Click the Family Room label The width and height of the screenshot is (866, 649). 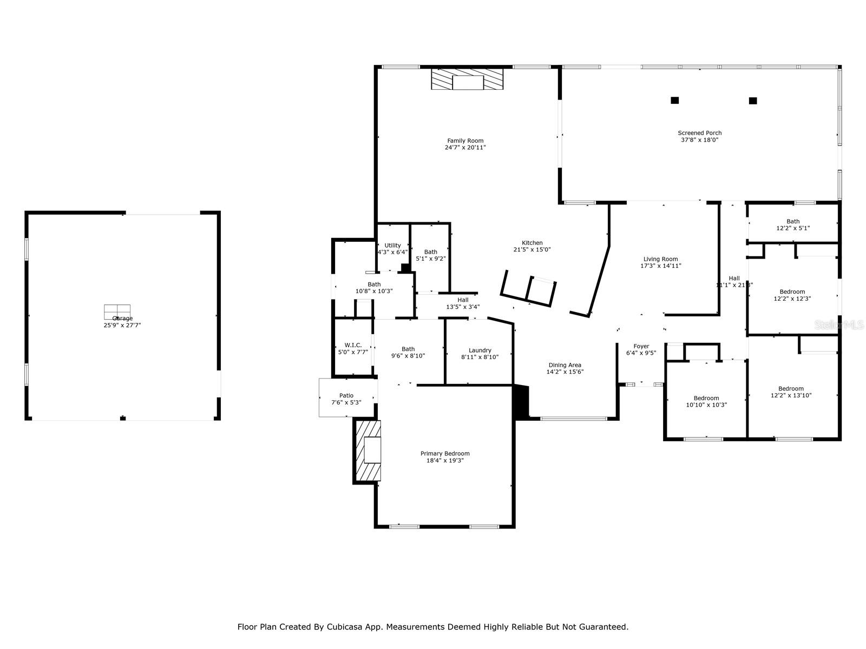click(x=465, y=141)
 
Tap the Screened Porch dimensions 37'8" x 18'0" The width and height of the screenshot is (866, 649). click(x=699, y=140)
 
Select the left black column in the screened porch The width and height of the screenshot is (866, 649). click(x=674, y=100)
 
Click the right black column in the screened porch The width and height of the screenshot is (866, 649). click(x=752, y=101)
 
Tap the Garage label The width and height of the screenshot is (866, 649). click(x=122, y=318)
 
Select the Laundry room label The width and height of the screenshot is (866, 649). click(x=480, y=350)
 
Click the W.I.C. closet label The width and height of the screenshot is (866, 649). click(x=353, y=345)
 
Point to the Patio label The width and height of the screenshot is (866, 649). click(x=346, y=395)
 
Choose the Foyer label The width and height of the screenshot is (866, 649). click(x=641, y=346)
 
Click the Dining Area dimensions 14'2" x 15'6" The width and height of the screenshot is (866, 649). click(x=565, y=372)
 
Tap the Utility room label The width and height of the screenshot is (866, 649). click(x=392, y=245)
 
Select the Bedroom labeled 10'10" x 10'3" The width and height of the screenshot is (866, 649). click(x=706, y=401)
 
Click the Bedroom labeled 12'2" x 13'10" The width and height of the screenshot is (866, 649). click(x=790, y=392)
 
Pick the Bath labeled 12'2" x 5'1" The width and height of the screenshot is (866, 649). click(x=792, y=224)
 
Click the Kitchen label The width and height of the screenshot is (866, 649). click(x=532, y=243)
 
